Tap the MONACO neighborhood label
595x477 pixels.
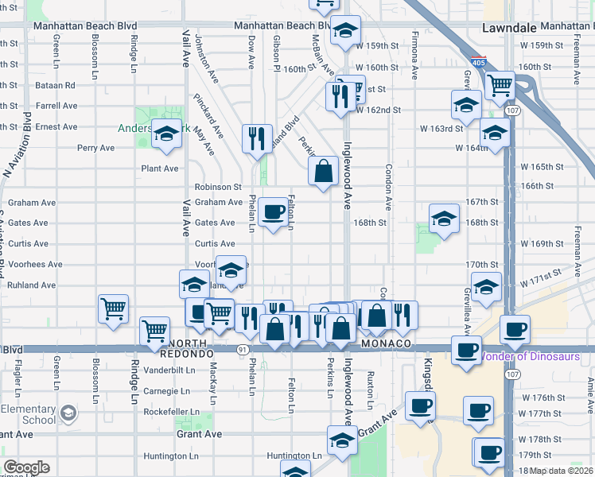(x=386, y=343)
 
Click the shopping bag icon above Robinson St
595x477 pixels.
(x=323, y=169)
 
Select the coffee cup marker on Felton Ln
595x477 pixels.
(x=274, y=211)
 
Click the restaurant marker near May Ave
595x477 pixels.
(x=257, y=138)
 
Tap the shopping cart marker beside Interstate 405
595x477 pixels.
(x=500, y=84)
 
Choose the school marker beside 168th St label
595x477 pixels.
(x=444, y=217)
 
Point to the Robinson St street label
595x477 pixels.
(x=218, y=187)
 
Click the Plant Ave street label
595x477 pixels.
(x=160, y=169)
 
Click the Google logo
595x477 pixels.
(x=26, y=467)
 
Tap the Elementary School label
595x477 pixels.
(x=28, y=414)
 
